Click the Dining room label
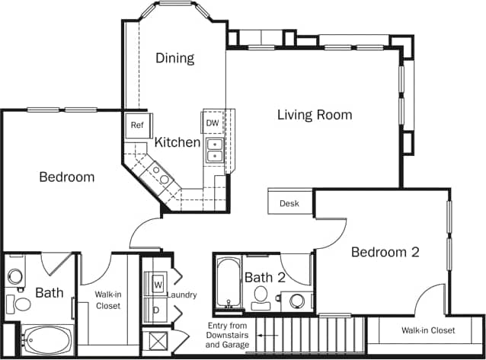(x=175, y=58)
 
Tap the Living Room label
(x=314, y=115)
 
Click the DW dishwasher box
(x=213, y=123)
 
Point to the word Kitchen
(x=177, y=142)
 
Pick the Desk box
(x=289, y=203)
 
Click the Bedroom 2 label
(x=385, y=252)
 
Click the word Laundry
(x=182, y=295)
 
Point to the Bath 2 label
(x=264, y=278)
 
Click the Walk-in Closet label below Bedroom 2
(x=428, y=330)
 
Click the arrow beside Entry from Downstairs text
(x=251, y=333)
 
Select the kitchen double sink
(x=215, y=150)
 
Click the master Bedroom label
(x=67, y=177)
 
